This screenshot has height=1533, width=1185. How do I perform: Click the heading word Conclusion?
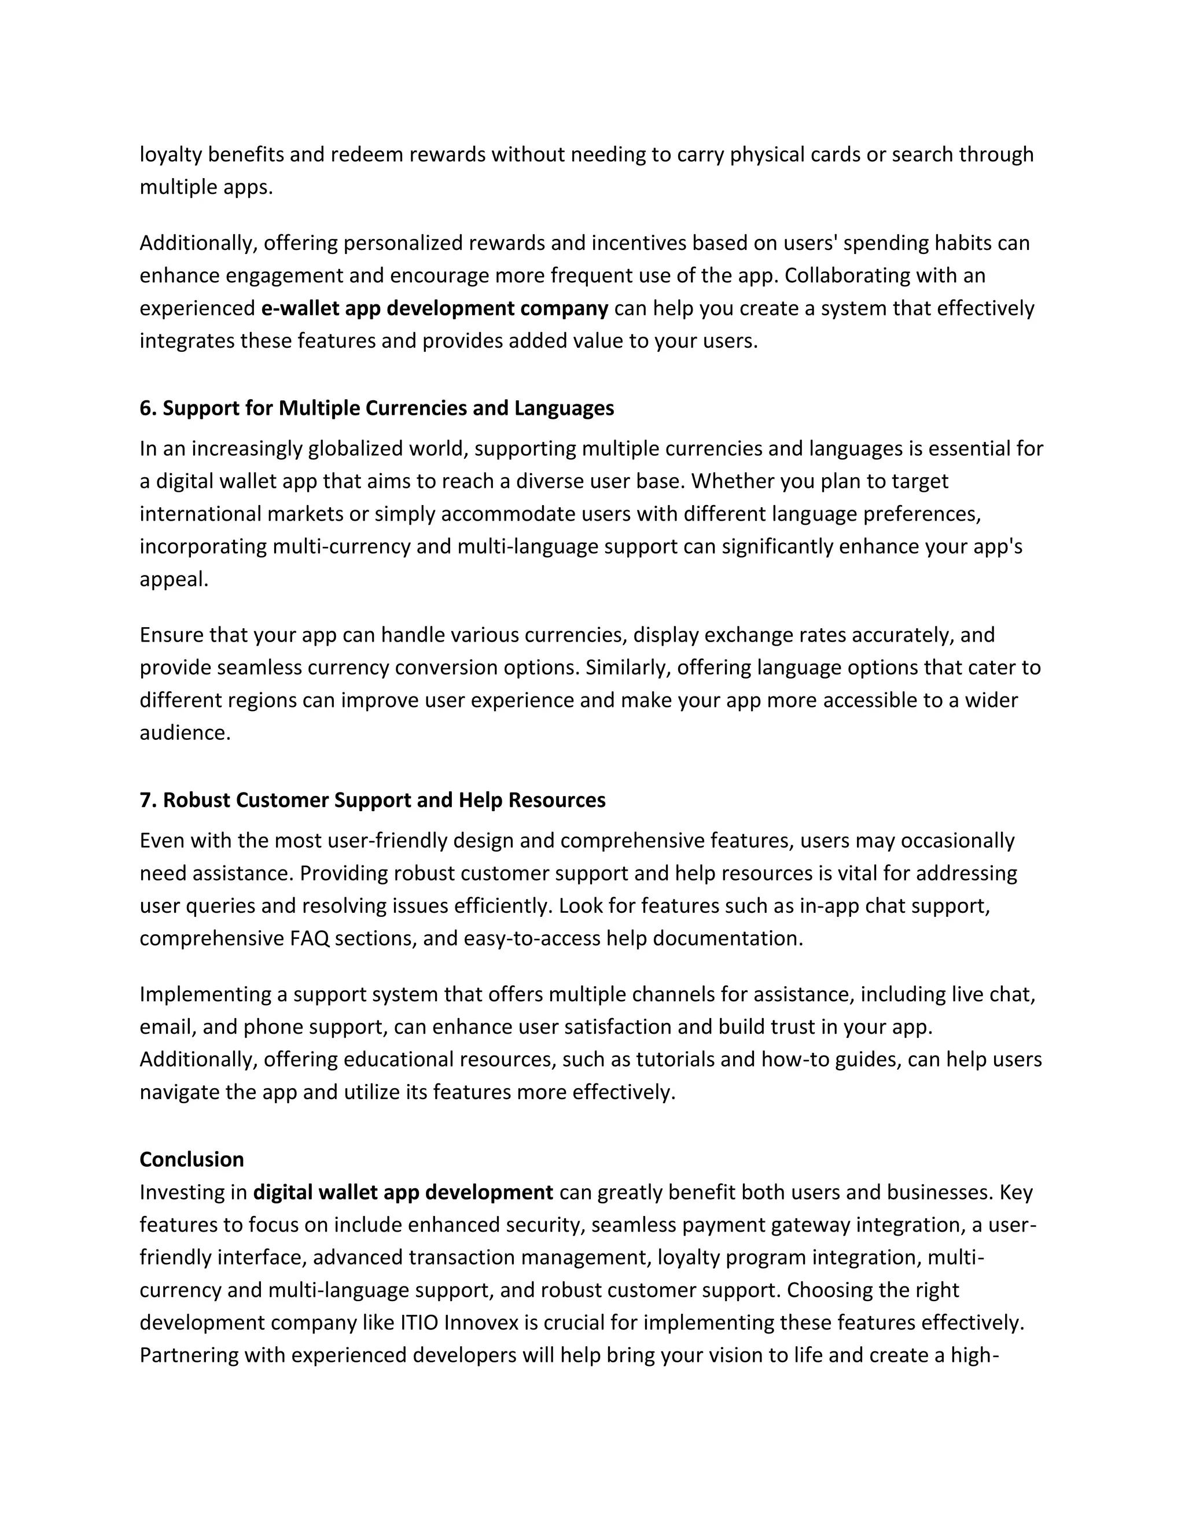coord(192,1159)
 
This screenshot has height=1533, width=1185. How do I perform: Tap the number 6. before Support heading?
coord(148,408)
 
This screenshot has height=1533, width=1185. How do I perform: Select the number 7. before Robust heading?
coord(148,800)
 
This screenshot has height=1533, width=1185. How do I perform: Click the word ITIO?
coord(419,1322)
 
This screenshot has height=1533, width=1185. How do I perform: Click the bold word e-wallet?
coord(300,308)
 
